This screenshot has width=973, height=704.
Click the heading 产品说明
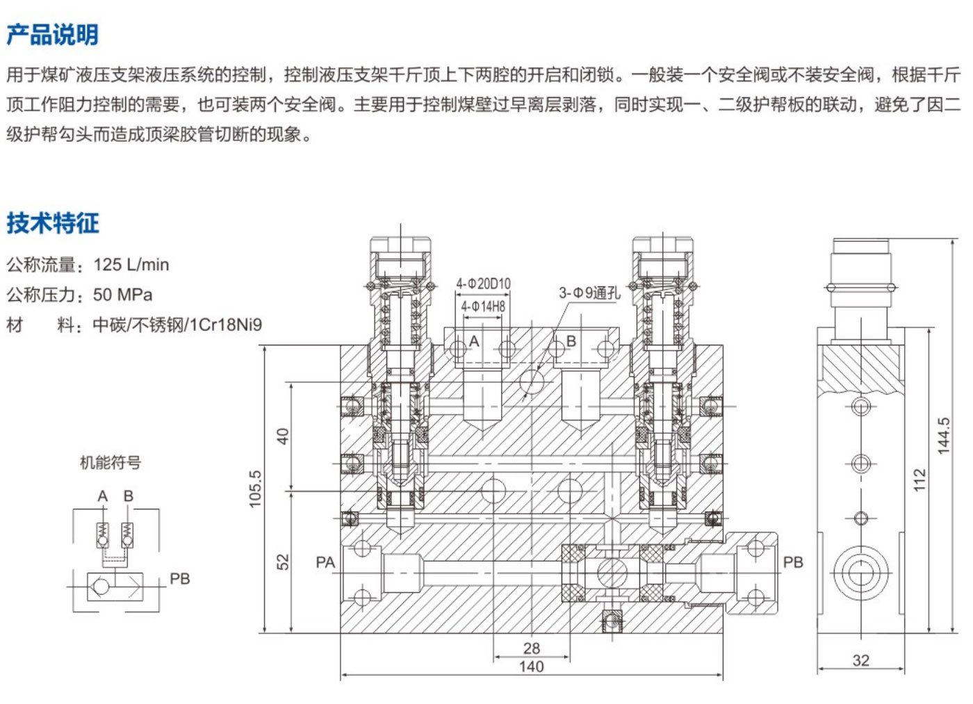pyautogui.click(x=52, y=35)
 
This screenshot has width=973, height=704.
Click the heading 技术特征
pyautogui.click(x=53, y=223)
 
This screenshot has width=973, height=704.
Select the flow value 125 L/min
pyautogui.click(x=131, y=265)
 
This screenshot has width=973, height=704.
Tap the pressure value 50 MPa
pyautogui.click(x=123, y=295)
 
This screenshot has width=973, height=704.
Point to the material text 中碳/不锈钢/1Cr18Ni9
pyautogui.click(x=178, y=325)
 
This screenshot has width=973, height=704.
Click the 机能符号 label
pyautogui.click(x=111, y=462)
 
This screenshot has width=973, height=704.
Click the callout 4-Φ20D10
pyautogui.click(x=483, y=284)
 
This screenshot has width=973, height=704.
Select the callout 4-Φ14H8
pyautogui.click(x=483, y=306)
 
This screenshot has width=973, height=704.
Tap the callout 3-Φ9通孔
pyautogui.click(x=589, y=293)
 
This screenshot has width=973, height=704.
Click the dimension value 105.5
pyautogui.click(x=256, y=489)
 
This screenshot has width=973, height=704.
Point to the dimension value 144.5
pyautogui.click(x=944, y=436)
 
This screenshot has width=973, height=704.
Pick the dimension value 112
pyautogui.click(x=920, y=480)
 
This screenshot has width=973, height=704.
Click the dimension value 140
pyautogui.click(x=531, y=666)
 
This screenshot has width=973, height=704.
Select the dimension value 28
pyautogui.click(x=531, y=648)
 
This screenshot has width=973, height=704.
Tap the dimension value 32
pyautogui.click(x=860, y=661)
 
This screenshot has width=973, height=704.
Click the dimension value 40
pyautogui.click(x=283, y=436)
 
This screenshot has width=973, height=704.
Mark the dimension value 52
pyautogui.click(x=283, y=562)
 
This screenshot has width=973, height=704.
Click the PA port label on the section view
pyautogui.click(x=325, y=562)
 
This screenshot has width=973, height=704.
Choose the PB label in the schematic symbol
pyautogui.click(x=180, y=579)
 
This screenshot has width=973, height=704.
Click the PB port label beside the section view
pyautogui.click(x=793, y=562)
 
